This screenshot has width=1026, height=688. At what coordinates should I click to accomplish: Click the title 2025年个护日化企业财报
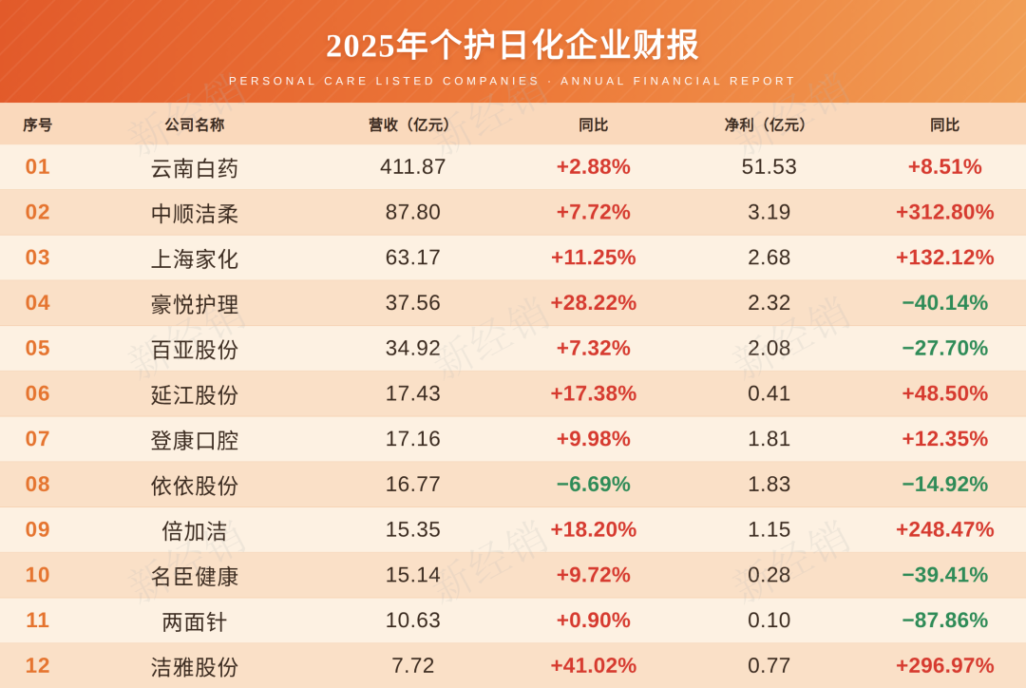(512, 46)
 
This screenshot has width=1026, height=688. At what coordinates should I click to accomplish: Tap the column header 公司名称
(195, 124)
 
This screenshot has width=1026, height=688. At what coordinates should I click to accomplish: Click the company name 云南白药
(195, 168)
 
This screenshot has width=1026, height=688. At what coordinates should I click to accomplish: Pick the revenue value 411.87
(413, 167)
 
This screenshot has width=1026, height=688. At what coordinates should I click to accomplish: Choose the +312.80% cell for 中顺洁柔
(945, 212)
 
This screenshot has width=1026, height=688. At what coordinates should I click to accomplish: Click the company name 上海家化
(195, 258)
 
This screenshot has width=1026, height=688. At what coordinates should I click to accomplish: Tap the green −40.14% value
(945, 302)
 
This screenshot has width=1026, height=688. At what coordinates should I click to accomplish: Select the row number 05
(37, 348)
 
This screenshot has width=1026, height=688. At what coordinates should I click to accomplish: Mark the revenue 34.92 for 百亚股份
(413, 348)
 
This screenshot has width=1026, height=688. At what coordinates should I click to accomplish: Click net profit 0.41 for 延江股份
(769, 393)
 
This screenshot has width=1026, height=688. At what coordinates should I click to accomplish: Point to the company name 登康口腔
(195, 440)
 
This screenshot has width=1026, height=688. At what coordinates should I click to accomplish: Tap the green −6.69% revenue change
(594, 484)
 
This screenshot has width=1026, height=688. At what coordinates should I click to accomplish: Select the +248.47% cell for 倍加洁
(945, 529)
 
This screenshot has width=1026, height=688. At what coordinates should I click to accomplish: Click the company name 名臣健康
(195, 576)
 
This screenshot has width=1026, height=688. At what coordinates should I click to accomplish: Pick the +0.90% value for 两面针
(594, 620)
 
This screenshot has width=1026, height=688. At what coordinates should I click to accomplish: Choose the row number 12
(37, 665)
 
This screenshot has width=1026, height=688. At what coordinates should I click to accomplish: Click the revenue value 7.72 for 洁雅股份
(413, 665)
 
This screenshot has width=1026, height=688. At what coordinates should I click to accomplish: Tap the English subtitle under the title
(512, 81)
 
